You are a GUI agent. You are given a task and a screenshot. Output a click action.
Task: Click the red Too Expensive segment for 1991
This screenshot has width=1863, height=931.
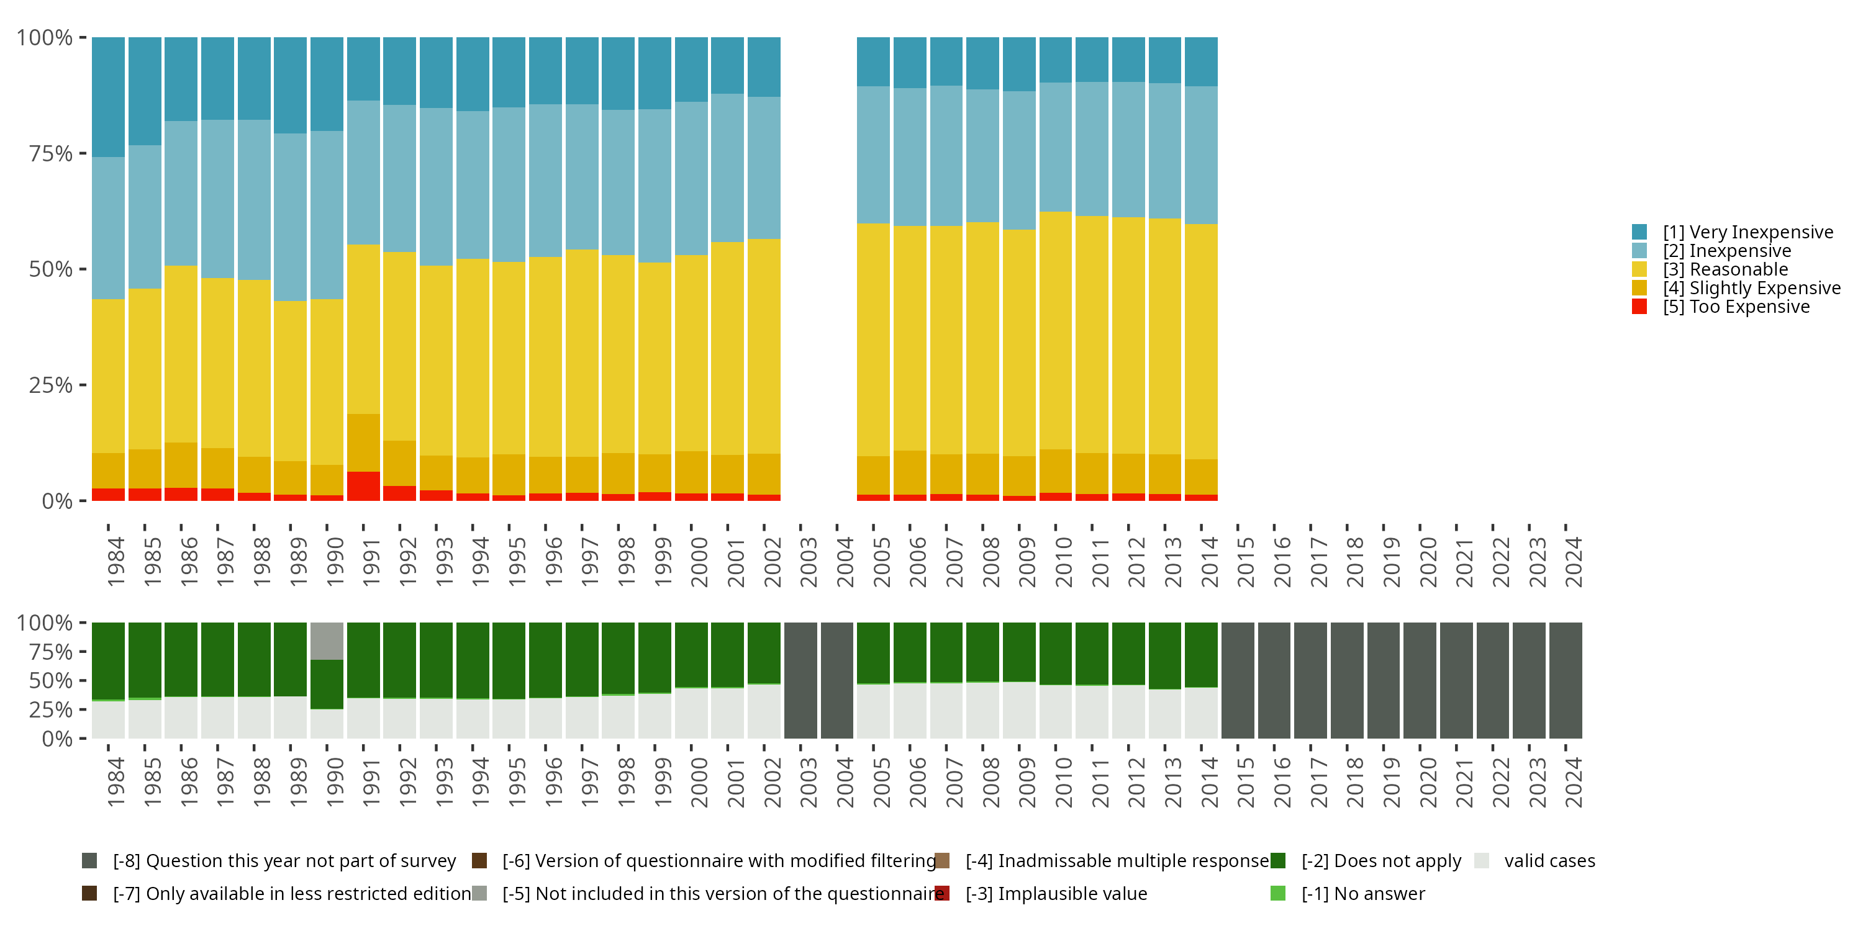click(x=363, y=486)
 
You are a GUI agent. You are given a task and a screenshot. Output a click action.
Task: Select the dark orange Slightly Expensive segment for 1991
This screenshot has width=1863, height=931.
click(x=363, y=443)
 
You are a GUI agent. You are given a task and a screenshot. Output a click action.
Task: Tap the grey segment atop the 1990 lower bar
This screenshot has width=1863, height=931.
click(x=327, y=641)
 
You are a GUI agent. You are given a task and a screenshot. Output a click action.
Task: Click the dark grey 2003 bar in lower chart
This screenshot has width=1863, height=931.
click(x=800, y=680)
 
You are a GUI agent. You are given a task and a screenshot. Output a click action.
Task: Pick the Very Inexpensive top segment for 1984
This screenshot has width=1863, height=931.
click(x=109, y=97)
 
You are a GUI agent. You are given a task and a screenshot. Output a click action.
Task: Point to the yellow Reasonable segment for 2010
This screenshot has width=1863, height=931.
click(x=1055, y=330)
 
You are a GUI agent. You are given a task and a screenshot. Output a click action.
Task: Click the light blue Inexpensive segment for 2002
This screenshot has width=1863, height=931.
click(x=764, y=168)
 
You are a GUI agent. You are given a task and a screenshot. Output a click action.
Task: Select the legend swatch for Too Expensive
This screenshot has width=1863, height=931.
click(x=1639, y=307)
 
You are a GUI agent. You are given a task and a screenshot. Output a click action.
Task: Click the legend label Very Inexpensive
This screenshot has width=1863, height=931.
click(x=1747, y=232)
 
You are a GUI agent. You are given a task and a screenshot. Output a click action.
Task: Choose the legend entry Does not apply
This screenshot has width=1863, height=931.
click(x=1380, y=861)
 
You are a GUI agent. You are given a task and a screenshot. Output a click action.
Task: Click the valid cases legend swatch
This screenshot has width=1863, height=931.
click(x=1482, y=861)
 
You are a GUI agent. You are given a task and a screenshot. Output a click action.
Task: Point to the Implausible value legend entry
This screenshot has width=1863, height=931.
click(x=1056, y=894)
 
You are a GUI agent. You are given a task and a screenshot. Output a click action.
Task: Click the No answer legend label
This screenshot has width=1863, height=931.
click(x=1362, y=894)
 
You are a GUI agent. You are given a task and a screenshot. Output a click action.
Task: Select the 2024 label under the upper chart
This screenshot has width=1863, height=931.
click(x=1573, y=562)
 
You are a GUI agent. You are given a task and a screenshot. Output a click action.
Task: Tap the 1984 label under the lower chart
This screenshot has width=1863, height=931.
click(x=116, y=783)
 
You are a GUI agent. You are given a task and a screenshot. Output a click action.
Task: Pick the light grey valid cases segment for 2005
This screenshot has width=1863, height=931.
click(x=873, y=711)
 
